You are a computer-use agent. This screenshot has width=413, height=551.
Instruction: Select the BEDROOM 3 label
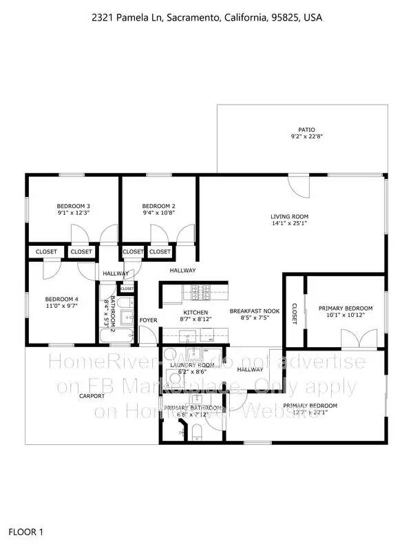pos(74,206)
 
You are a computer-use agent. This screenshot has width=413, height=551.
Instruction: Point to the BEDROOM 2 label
pos(159,206)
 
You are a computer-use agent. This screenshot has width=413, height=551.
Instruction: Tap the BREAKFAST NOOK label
pos(255,311)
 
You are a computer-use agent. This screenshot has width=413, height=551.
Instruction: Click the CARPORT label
pos(92,396)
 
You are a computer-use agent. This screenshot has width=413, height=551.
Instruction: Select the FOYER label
pos(149,320)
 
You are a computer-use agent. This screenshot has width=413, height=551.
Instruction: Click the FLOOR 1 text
pos(26,532)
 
